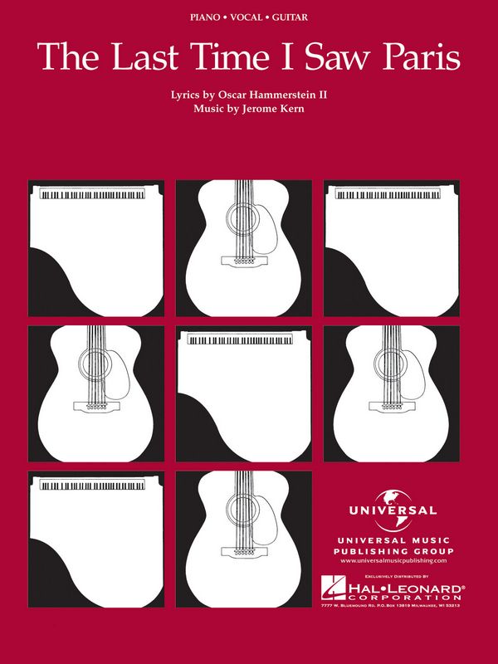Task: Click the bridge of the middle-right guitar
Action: click(391, 406)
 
